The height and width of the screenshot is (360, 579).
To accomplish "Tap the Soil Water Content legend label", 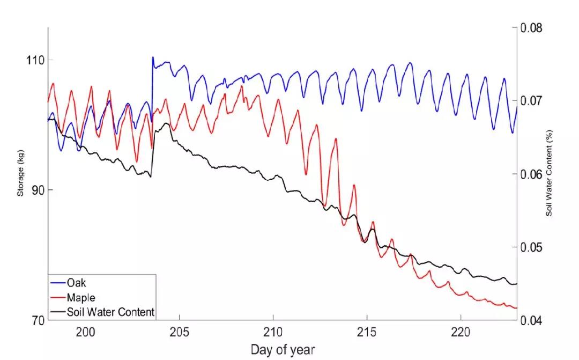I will click(x=110, y=311).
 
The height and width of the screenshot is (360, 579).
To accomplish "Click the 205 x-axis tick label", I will click(x=180, y=332).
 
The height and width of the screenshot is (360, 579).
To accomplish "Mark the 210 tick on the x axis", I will click(x=273, y=332).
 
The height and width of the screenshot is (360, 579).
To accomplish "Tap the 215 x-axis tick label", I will click(x=367, y=332).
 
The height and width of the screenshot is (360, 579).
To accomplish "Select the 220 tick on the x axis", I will click(x=461, y=332).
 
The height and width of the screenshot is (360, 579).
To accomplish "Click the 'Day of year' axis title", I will click(x=282, y=350).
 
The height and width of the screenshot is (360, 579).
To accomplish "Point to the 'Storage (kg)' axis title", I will click(x=21, y=174).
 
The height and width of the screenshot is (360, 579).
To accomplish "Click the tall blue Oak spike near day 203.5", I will click(x=153, y=58).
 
